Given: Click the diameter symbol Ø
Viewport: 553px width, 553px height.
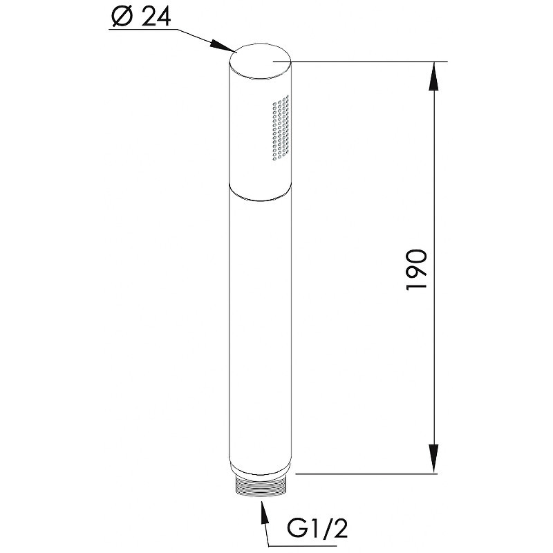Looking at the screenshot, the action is click(x=122, y=16).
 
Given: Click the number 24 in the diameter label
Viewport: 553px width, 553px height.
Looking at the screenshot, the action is click(x=156, y=16).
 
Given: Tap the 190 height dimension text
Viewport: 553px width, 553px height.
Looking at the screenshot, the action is click(x=417, y=270).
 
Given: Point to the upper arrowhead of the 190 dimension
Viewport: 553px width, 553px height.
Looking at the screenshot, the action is click(x=434, y=77).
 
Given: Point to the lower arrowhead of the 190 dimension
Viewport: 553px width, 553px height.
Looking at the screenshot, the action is click(x=434, y=458).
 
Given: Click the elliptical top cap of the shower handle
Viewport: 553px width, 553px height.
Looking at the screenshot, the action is click(x=260, y=62).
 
